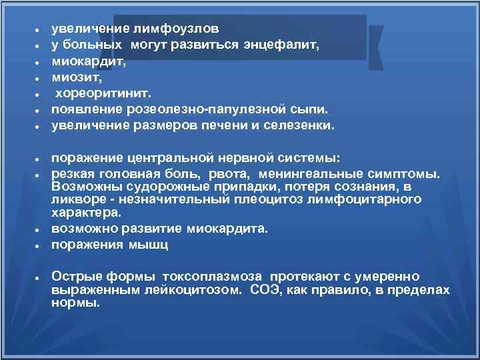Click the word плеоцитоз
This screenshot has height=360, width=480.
[x=263, y=199]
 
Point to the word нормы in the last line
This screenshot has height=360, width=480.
[x=75, y=302]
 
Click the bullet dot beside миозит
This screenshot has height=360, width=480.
[x=39, y=78]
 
